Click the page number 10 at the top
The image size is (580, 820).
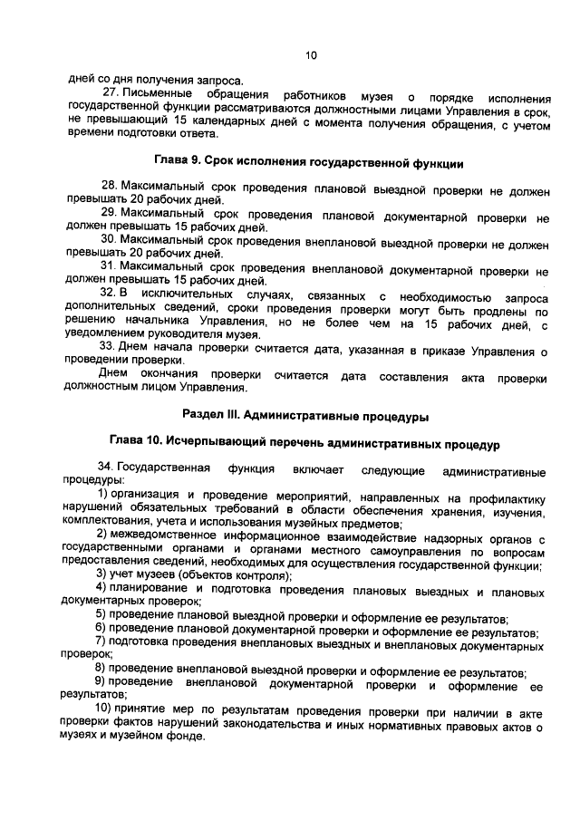pos(311,56)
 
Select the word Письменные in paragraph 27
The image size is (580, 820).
pos(158,95)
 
